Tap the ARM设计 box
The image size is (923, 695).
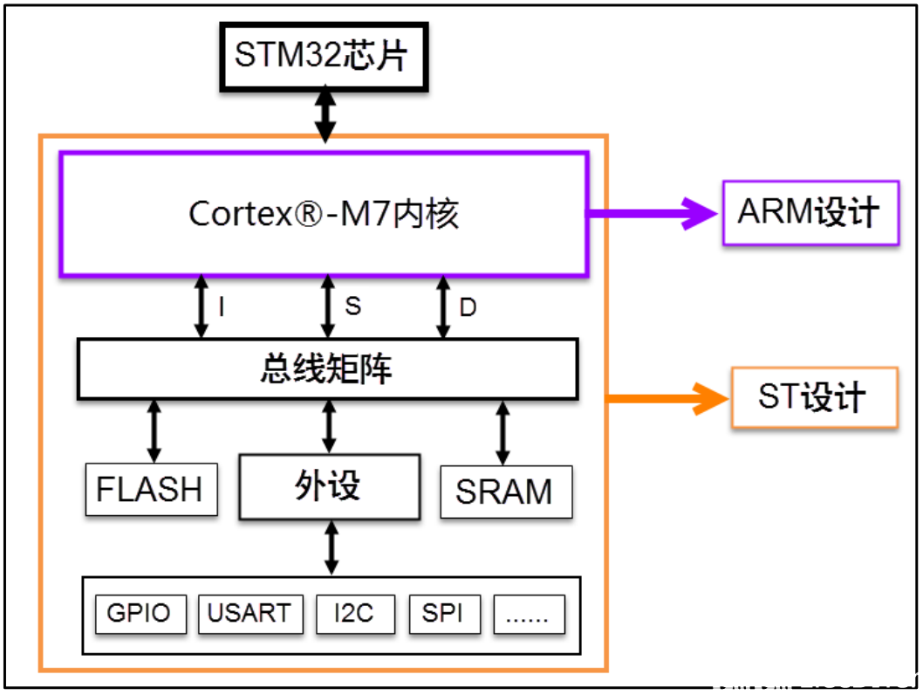coord(810,213)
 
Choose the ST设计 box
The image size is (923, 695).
coord(814,398)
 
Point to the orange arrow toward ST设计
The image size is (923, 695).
coord(667,398)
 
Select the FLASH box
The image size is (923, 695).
coord(151,489)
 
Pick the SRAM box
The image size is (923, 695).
coord(505,492)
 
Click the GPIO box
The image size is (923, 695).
coord(139,614)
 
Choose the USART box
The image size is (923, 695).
coord(250,614)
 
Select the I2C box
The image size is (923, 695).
coord(354,614)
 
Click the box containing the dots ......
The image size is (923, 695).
coord(529,614)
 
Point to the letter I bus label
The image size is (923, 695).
coord(222,307)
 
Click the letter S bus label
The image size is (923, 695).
coord(352,306)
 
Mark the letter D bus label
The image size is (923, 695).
coord(468,307)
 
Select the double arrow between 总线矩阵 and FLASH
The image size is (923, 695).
coord(154,431)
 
